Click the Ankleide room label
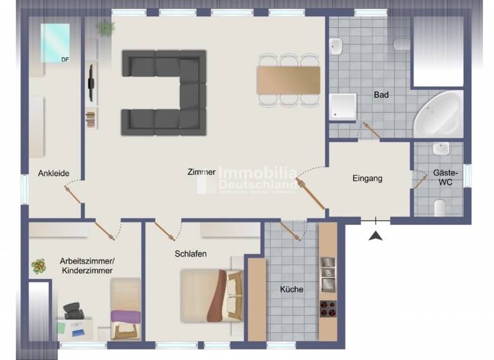coord(53,173)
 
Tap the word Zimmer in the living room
coord(201,172)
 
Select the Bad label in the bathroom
coord(381,95)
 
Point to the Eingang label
coord(367,178)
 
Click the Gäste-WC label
coord(444,178)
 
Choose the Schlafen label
coord(190,254)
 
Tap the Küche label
coord(291,289)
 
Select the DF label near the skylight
coord(65,60)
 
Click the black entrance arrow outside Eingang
coord(375,235)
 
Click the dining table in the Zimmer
coord(288,80)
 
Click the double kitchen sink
coord(327,274)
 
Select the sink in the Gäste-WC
coord(441,148)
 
